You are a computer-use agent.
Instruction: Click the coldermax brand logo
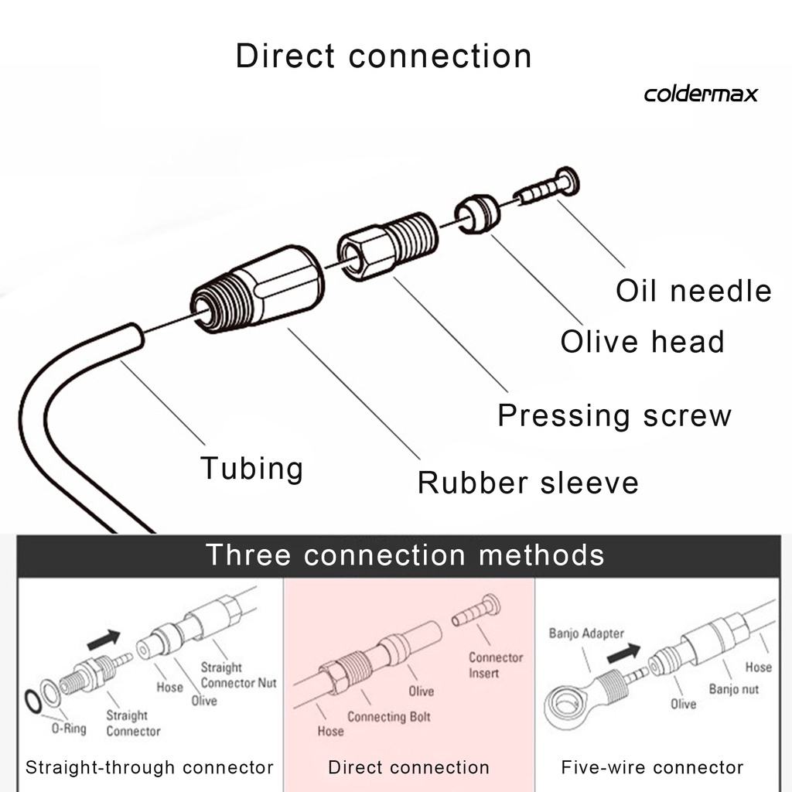coord(701,94)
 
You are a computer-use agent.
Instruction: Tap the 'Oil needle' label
coord(694,292)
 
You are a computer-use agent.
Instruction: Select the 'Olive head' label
coord(642,342)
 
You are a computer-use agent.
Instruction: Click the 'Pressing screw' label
coord(614,415)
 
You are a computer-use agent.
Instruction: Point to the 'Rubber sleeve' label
coord(528,483)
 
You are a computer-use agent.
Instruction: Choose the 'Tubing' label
coord(251,469)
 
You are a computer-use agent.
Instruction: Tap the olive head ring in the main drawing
coord(474,213)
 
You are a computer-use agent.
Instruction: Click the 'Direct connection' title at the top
coord(384,57)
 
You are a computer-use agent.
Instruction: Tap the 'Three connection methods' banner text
coord(405,555)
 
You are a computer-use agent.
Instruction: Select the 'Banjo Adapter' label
coord(586,634)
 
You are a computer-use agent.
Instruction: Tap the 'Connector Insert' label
coord(495,665)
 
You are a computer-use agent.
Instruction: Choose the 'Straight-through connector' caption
coord(149,767)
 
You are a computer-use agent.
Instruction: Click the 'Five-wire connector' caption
coord(652,767)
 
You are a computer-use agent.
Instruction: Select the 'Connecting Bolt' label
coord(388,717)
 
